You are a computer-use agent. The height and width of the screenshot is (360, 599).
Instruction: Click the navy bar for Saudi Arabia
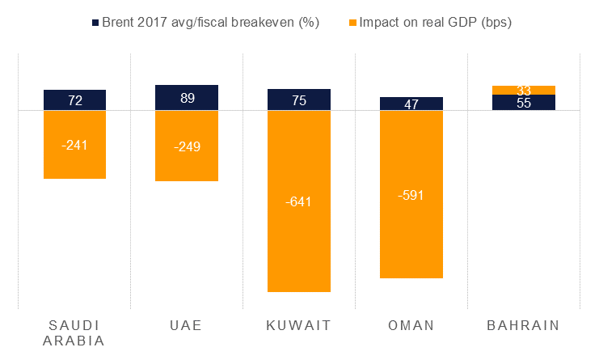click(x=74, y=100)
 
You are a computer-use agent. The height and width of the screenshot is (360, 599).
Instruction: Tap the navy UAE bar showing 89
click(x=187, y=98)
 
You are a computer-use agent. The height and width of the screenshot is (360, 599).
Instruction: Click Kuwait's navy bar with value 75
click(x=299, y=100)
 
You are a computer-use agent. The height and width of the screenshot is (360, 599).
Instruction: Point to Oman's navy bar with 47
click(x=411, y=104)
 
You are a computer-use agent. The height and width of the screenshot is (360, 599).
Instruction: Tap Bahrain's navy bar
click(x=524, y=103)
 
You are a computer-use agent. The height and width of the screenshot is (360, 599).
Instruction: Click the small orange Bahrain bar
click(x=524, y=90)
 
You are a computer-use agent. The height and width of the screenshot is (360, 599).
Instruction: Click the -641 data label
click(x=299, y=201)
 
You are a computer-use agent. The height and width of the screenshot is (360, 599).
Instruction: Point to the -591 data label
click(x=411, y=195)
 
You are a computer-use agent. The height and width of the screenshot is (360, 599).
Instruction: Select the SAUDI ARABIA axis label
click(x=74, y=332)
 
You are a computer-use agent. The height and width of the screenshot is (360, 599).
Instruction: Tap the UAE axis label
click(x=187, y=325)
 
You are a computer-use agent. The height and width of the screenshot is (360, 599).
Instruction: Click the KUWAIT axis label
click(x=299, y=325)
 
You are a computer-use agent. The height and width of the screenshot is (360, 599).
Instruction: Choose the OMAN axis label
click(x=411, y=325)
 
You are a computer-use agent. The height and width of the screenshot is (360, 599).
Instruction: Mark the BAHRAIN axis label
click(x=524, y=325)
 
